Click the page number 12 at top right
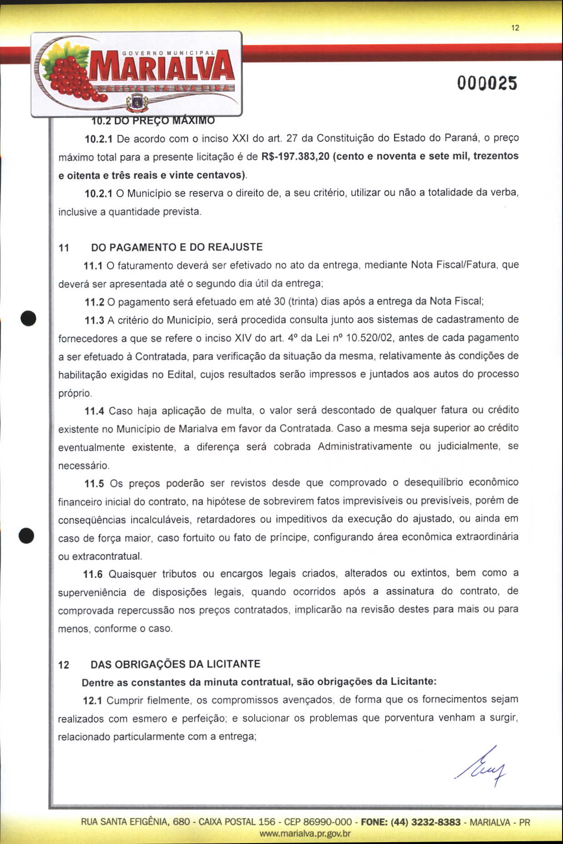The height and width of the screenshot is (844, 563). click(x=515, y=28)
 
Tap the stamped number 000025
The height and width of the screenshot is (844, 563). click(x=487, y=84)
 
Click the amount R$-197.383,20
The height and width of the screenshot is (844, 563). click(x=295, y=156)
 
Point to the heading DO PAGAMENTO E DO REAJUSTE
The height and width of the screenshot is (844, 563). click(x=177, y=247)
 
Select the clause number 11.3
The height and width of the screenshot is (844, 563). click(x=94, y=320)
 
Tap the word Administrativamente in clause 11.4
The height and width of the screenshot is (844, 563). click(x=365, y=447)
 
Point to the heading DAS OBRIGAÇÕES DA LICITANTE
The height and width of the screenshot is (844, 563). click(x=176, y=664)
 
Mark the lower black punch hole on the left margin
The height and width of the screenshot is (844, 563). click(x=27, y=535)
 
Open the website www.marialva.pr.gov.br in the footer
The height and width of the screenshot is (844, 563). click(x=305, y=834)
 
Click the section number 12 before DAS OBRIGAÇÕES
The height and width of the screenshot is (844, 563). click(x=64, y=665)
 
